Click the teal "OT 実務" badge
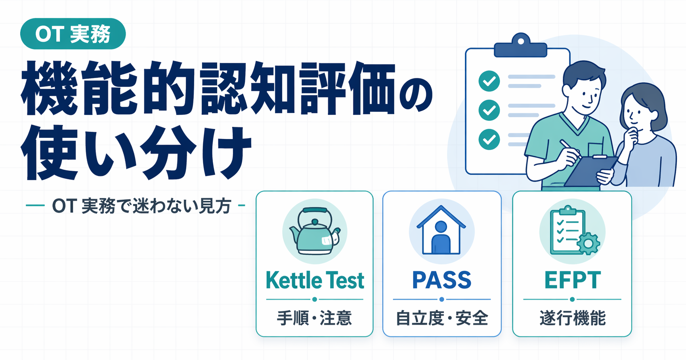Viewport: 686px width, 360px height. (x=73, y=34)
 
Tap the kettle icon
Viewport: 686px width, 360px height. (x=315, y=231)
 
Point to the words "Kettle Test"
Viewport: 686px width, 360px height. (x=315, y=280)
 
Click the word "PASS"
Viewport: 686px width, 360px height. (x=441, y=280)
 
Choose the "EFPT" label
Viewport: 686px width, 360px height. (x=572, y=280)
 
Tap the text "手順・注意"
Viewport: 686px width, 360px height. (x=314, y=318)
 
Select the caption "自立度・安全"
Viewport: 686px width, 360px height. (x=442, y=318)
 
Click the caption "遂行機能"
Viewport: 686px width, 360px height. (x=572, y=318)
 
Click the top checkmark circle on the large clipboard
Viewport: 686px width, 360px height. (x=489, y=81)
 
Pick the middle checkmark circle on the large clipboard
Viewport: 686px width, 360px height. (x=489, y=110)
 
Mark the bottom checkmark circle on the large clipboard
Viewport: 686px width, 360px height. (x=489, y=139)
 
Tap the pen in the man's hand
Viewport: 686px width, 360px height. (x=570, y=149)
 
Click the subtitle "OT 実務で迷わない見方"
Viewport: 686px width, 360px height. (x=141, y=206)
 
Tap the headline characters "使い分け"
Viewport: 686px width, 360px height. (x=137, y=152)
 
